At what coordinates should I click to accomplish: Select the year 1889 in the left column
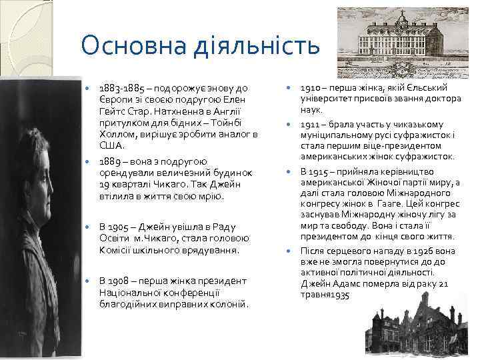tap(111, 161)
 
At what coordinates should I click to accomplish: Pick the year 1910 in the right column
tap(311, 88)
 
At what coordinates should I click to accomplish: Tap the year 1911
tap(311, 125)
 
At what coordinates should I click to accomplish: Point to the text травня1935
tap(325, 295)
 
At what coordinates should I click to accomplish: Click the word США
tap(111, 145)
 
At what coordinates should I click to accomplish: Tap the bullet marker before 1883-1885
tap(87, 88)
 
